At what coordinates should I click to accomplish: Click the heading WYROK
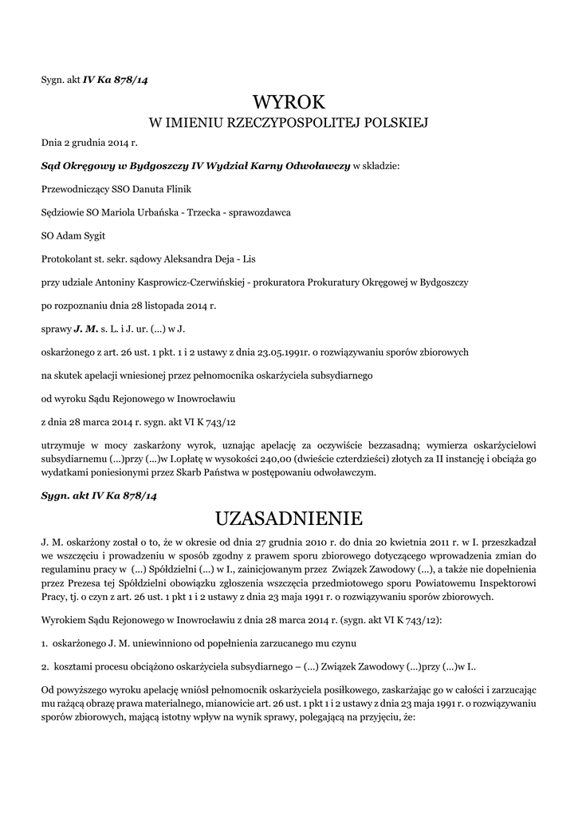point(289,102)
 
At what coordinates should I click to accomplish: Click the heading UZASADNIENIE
point(289,519)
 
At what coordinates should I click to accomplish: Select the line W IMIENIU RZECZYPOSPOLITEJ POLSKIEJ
point(289,123)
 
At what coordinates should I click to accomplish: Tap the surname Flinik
point(175,190)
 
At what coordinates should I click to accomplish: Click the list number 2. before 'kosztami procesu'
point(45,665)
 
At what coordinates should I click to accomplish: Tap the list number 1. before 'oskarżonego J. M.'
point(45,642)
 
